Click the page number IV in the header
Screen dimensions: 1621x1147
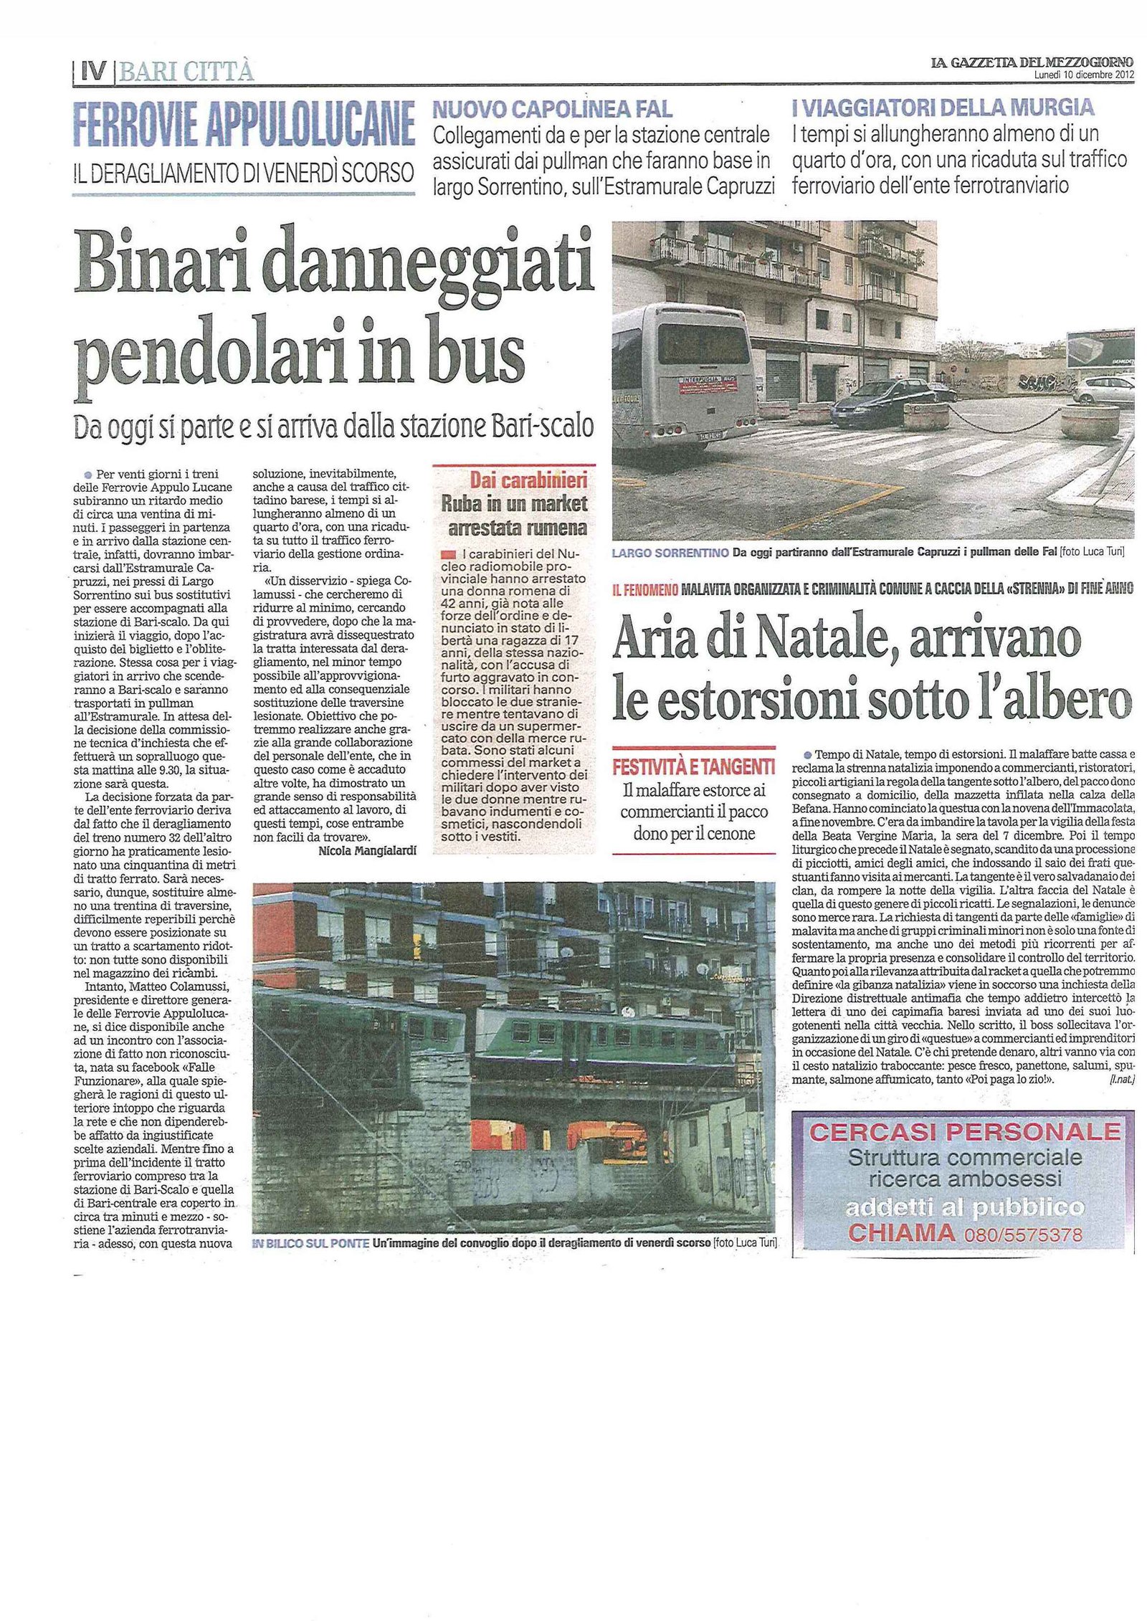click(92, 71)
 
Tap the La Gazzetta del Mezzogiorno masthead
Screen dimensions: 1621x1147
click(1032, 62)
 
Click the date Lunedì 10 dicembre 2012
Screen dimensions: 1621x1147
click(1083, 75)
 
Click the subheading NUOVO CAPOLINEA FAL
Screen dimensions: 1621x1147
click(552, 109)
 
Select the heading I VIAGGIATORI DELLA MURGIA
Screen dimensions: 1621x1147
click(943, 108)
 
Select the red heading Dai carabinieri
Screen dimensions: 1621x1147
click(528, 480)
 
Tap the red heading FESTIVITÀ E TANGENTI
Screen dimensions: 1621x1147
click(693, 767)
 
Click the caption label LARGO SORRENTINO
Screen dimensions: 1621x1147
click(668, 552)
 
